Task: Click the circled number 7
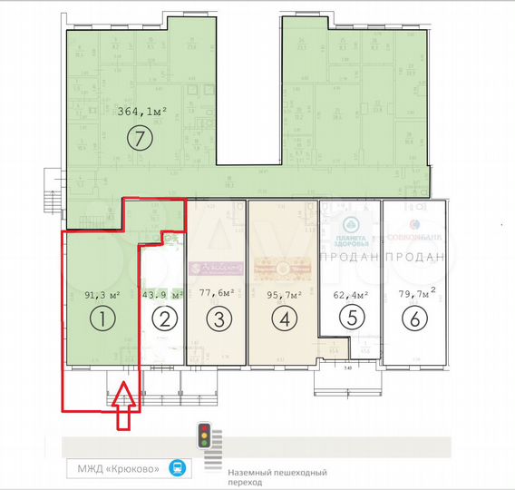(x=139, y=138)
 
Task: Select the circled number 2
(x=163, y=318)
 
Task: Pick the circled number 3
(x=220, y=318)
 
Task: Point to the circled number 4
(x=286, y=318)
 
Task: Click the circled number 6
(x=414, y=318)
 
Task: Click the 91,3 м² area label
(x=102, y=294)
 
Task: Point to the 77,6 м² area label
(x=219, y=293)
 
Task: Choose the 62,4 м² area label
(x=351, y=294)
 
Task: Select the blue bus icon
(x=178, y=468)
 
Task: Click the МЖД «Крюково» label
(x=119, y=468)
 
